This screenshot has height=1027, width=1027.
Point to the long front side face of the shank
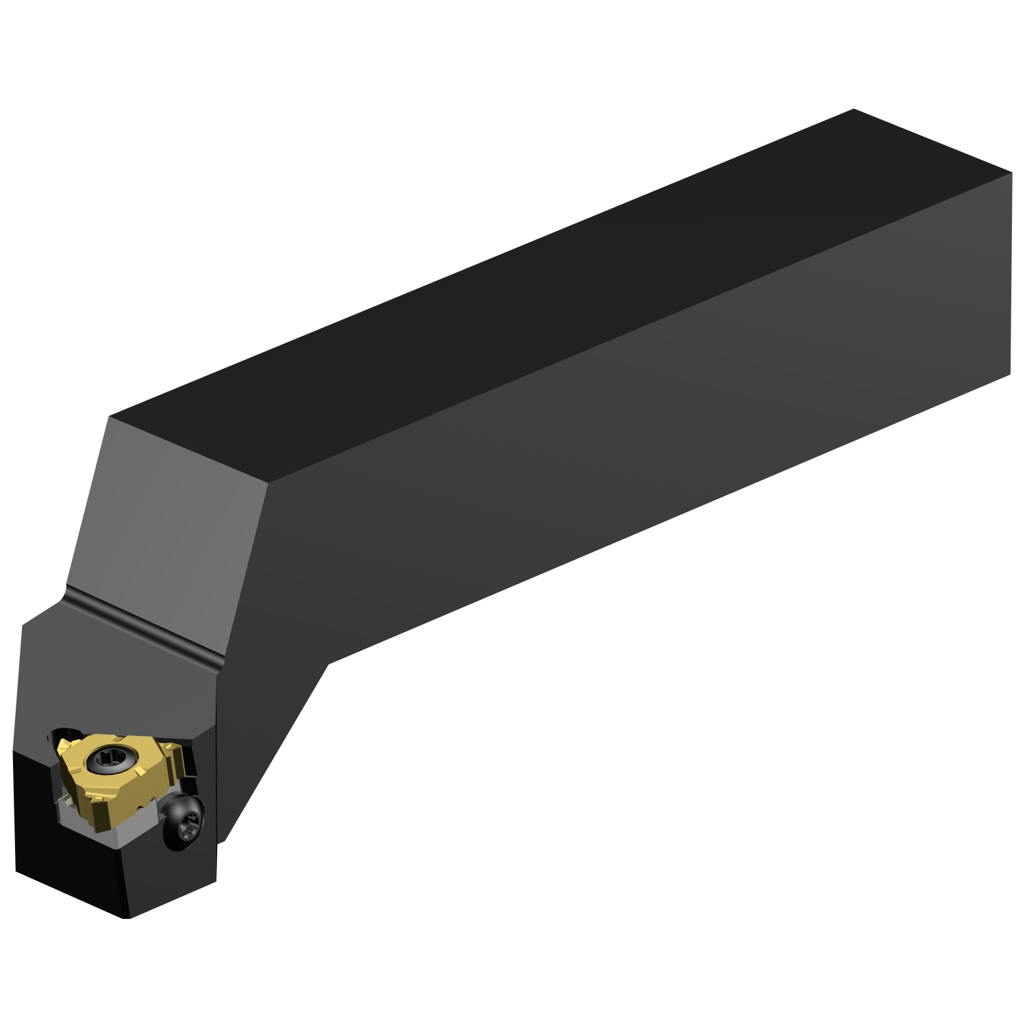[616, 445]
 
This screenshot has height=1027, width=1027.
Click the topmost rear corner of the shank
[854, 110]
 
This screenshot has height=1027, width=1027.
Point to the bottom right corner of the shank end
[1011, 374]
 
